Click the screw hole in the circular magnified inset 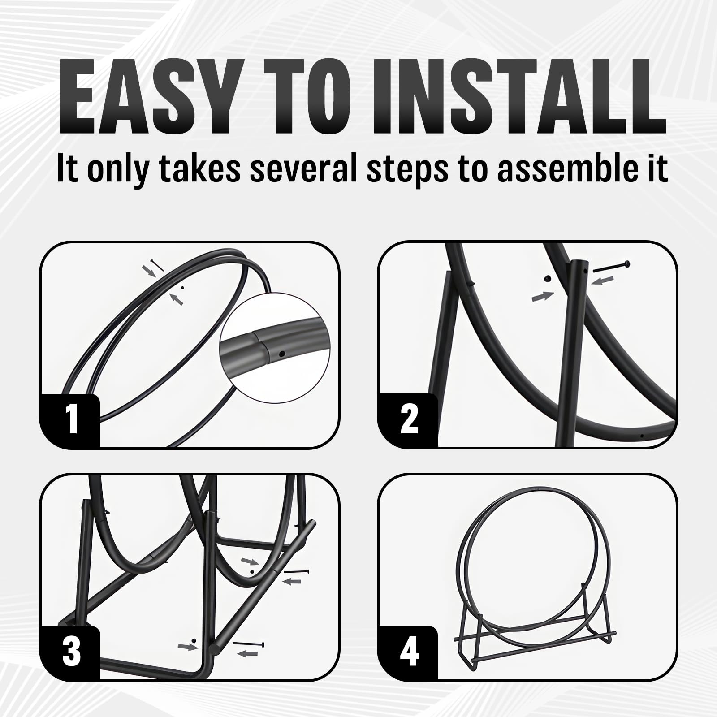(281, 354)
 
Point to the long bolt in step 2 (611, 267)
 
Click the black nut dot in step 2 (547, 279)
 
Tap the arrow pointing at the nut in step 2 (543, 296)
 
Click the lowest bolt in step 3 (248, 644)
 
